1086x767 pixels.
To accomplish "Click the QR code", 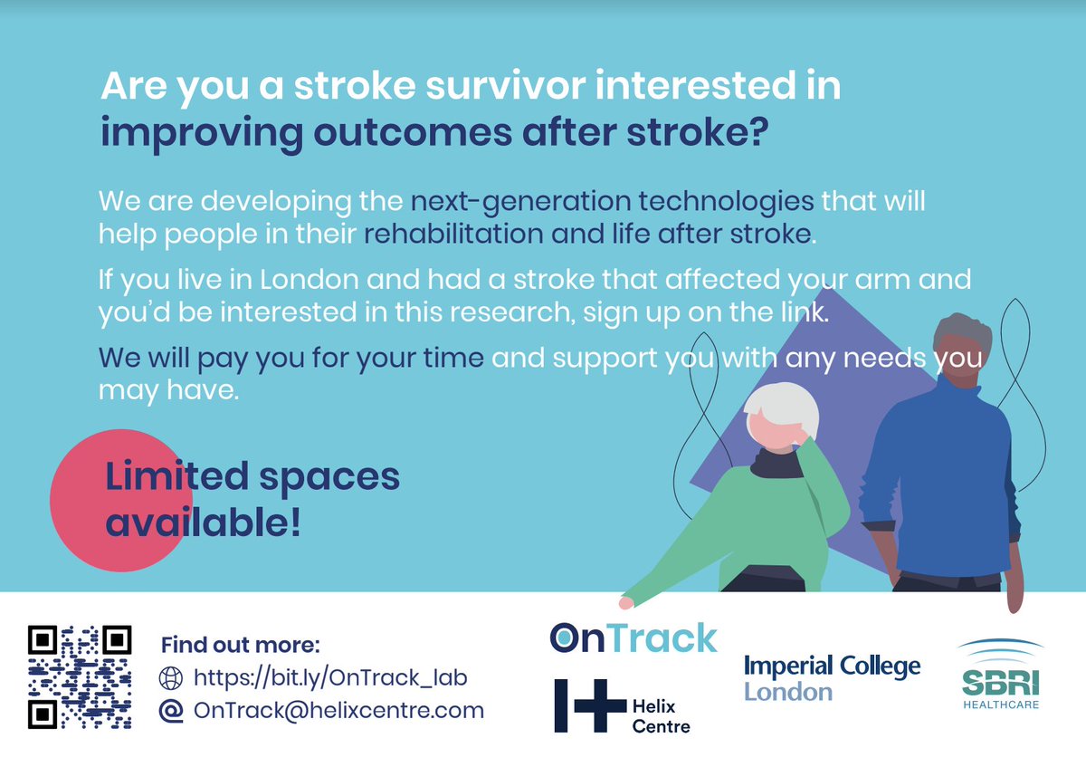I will (80, 676).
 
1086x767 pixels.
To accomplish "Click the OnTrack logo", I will (633, 637).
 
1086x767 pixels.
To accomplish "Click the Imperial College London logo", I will (832, 678).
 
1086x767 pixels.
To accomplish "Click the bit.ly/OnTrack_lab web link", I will (330, 677).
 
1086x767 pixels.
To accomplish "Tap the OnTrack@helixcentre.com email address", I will (338, 711).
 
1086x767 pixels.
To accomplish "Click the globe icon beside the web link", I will (170, 677).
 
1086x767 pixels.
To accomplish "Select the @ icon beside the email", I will (170, 711).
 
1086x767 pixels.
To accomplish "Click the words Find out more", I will (240, 646).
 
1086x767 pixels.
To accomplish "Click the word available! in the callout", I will (203, 522).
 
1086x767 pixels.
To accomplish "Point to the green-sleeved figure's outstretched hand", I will (624, 601).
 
